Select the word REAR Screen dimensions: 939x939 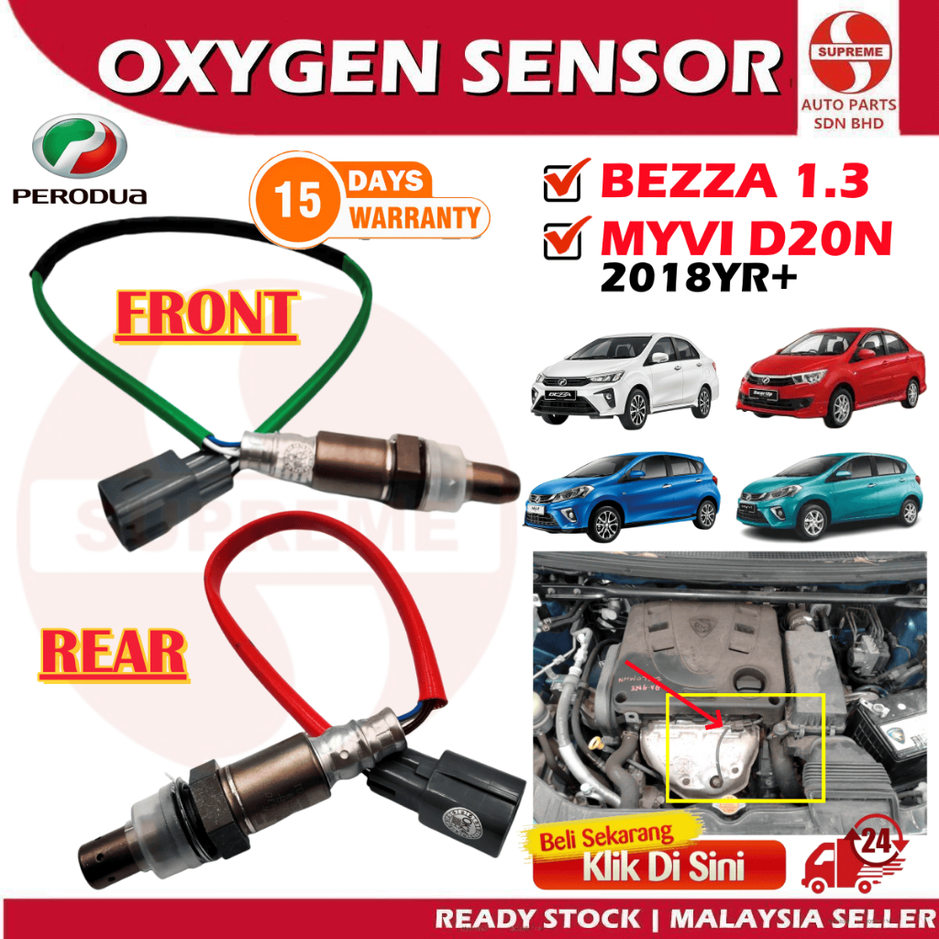click(114, 654)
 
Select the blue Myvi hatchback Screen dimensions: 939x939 click(620, 496)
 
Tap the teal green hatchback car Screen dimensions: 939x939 click(829, 495)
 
